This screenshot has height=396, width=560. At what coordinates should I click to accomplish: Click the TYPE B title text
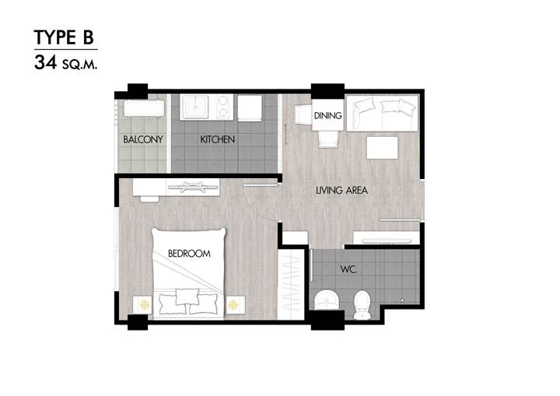(x=64, y=37)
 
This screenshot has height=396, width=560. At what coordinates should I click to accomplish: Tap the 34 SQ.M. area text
(x=65, y=62)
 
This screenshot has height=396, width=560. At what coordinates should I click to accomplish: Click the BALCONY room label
(x=143, y=139)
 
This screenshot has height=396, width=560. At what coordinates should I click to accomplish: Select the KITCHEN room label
(x=218, y=139)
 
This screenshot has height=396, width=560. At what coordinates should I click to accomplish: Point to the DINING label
(x=327, y=115)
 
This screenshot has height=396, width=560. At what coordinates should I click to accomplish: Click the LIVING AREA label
(x=341, y=190)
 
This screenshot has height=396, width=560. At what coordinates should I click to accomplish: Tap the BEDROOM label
(x=189, y=254)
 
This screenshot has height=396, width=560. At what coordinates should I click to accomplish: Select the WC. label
(x=348, y=269)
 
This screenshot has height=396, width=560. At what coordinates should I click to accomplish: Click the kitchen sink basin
(x=195, y=106)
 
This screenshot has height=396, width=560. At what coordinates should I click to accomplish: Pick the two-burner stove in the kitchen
(x=222, y=107)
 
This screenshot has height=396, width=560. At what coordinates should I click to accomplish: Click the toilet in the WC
(x=362, y=305)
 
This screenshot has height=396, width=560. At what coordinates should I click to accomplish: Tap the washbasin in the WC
(x=326, y=300)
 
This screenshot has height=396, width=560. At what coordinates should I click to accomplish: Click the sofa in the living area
(x=382, y=114)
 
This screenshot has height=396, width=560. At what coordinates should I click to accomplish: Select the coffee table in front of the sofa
(x=382, y=148)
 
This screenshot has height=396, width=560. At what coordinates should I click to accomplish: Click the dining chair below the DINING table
(x=328, y=139)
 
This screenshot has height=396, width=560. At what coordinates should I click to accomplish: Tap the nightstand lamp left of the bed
(x=145, y=305)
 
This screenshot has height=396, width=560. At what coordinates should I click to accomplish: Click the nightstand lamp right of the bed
(x=233, y=305)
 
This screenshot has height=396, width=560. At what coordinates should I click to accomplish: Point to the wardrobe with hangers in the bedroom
(x=291, y=285)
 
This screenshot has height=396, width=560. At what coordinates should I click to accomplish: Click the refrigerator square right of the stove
(x=250, y=108)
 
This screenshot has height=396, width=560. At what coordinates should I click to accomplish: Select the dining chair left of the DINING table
(x=303, y=114)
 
